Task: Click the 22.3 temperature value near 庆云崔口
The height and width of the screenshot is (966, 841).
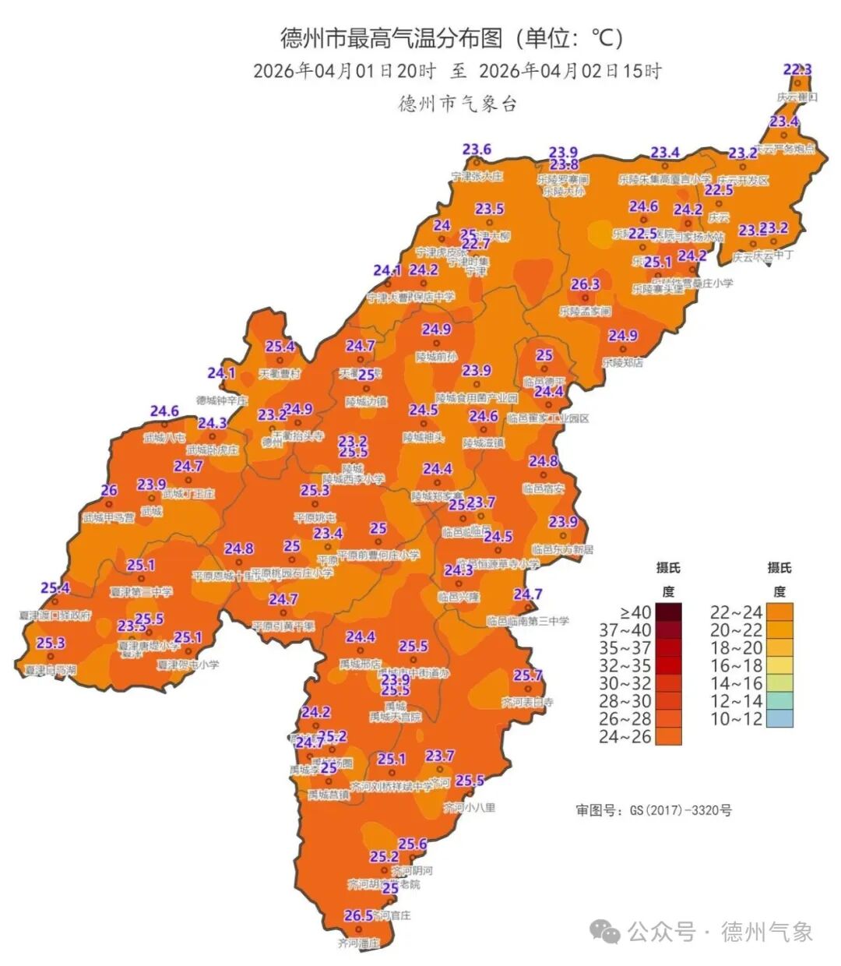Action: tap(797, 70)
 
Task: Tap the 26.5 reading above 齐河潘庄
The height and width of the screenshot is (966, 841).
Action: tap(358, 915)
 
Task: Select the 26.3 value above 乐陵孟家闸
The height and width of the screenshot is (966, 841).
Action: tap(585, 284)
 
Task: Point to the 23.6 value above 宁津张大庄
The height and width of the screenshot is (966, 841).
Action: tap(477, 150)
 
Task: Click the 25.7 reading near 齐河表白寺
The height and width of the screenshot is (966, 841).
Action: tap(527, 675)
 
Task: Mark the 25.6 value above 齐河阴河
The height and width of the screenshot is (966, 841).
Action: tap(413, 844)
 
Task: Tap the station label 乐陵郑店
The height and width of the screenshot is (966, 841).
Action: tap(623, 362)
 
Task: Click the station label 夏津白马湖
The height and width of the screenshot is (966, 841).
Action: tap(51, 670)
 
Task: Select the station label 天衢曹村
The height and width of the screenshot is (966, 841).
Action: tap(280, 374)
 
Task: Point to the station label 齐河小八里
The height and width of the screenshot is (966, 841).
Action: tap(470, 807)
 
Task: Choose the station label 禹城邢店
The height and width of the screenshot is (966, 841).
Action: tap(361, 665)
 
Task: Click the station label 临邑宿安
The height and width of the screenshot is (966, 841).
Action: tap(543, 488)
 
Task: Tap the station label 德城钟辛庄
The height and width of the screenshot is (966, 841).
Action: tap(222, 400)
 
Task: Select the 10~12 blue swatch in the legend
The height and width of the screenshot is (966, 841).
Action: tap(779, 718)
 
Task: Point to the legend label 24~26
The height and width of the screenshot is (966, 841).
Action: tap(625, 736)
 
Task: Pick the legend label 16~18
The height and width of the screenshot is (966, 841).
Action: tap(736, 665)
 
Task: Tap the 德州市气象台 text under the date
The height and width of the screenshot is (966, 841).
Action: tap(457, 104)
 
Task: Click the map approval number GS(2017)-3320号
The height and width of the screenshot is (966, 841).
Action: tap(653, 810)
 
